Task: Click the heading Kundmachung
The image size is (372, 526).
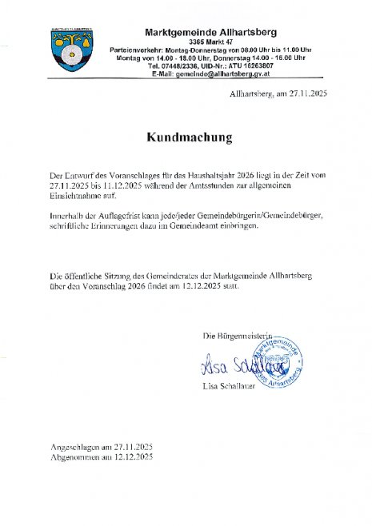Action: coord(189,137)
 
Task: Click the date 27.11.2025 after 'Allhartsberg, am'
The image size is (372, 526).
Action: coord(303,94)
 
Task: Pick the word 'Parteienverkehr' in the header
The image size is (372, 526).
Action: coord(134,49)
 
